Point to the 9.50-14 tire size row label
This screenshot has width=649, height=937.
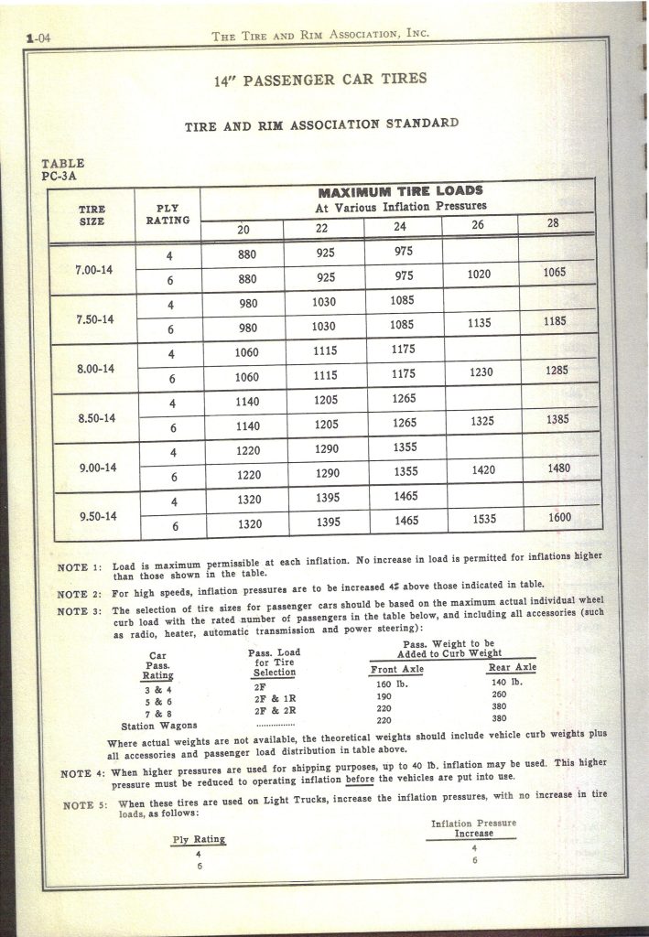[x=96, y=515]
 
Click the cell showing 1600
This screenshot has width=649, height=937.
[x=560, y=518]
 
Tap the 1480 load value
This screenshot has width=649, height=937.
[x=558, y=468]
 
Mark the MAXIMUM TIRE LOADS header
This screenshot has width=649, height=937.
[x=400, y=192]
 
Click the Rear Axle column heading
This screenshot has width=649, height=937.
[x=512, y=668]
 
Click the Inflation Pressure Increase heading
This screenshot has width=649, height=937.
[x=472, y=829]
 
